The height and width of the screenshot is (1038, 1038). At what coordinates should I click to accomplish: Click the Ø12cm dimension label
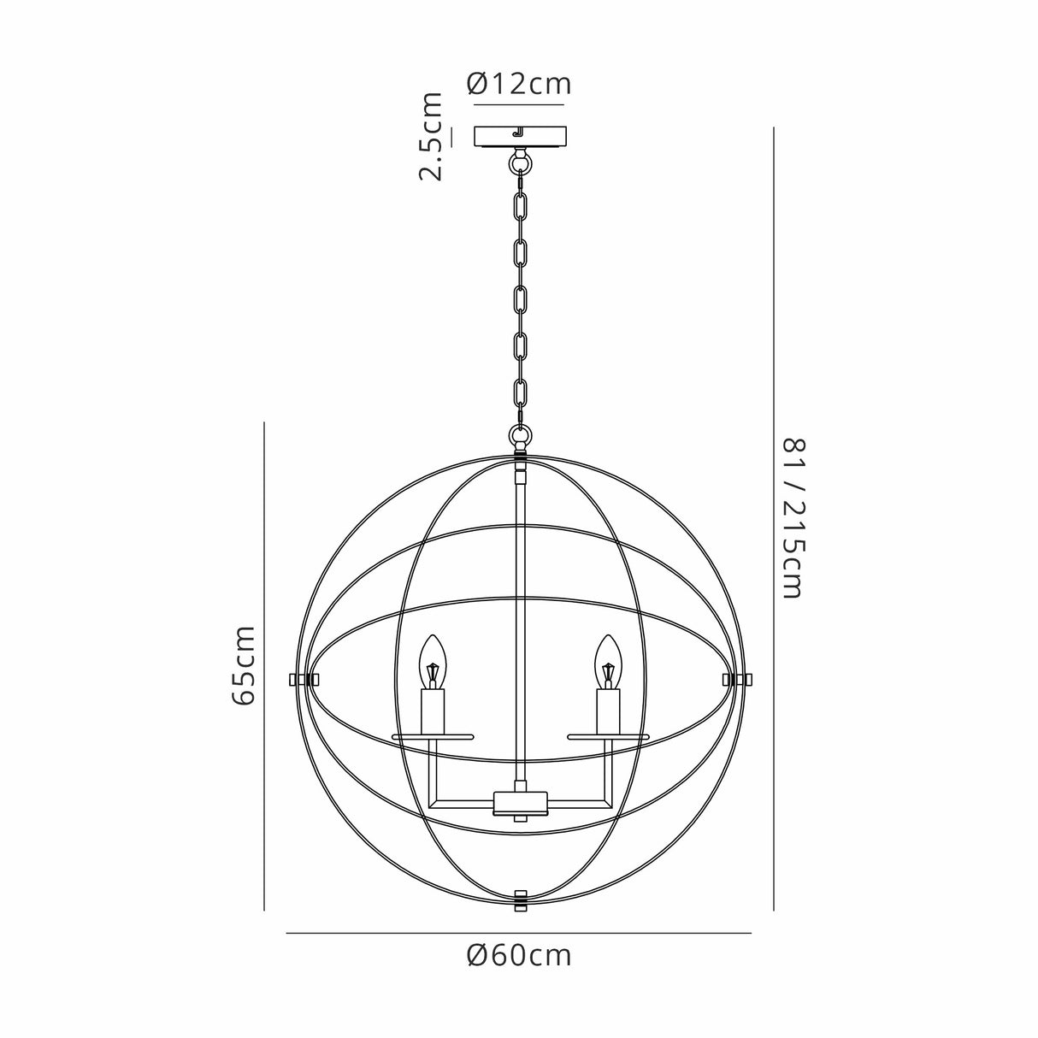[519, 85]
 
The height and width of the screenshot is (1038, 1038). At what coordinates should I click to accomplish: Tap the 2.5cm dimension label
[431, 137]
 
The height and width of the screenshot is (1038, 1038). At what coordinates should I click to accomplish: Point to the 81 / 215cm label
[793, 518]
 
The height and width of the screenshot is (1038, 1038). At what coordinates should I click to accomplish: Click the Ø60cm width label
[519, 954]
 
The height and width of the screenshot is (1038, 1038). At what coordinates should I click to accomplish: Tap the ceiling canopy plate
[519, 137]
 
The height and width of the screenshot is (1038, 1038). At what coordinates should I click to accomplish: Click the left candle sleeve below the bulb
[433, 709]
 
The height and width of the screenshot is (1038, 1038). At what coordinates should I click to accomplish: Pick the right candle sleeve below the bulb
[607, 709]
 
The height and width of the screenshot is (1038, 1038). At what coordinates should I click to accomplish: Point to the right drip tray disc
[608, 736]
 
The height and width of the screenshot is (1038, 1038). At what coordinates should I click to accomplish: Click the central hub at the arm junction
[520, 803]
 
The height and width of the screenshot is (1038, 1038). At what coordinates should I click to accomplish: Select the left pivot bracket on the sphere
[303, 679]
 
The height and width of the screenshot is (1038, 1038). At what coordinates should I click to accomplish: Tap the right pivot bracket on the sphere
[737, 679]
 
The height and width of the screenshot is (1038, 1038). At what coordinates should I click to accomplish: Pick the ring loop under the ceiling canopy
[519, 160]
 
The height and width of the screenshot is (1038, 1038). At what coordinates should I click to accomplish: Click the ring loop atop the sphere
[519, 436]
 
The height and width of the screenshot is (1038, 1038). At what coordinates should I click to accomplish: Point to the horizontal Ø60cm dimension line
[518, 934]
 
